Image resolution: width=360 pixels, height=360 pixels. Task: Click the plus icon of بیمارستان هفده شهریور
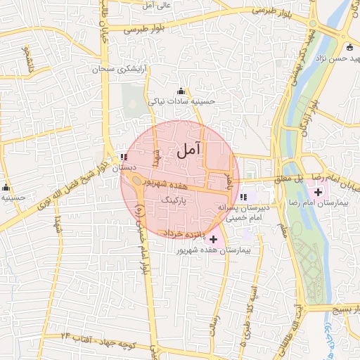[x=213, y=239]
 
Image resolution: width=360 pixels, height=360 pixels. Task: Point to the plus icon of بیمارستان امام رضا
[x=318, y=191]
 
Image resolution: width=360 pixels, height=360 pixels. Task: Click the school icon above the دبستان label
[x=124, y=157]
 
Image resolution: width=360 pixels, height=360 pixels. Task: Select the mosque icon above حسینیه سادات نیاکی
[x=181, y=91]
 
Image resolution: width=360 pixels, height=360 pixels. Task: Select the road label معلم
[x=283, y=229]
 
